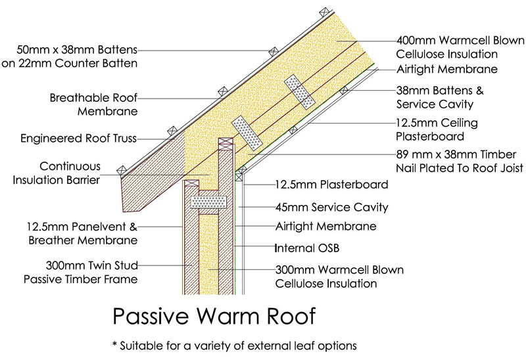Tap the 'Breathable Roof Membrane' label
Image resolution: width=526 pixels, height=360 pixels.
pos(93,105)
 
